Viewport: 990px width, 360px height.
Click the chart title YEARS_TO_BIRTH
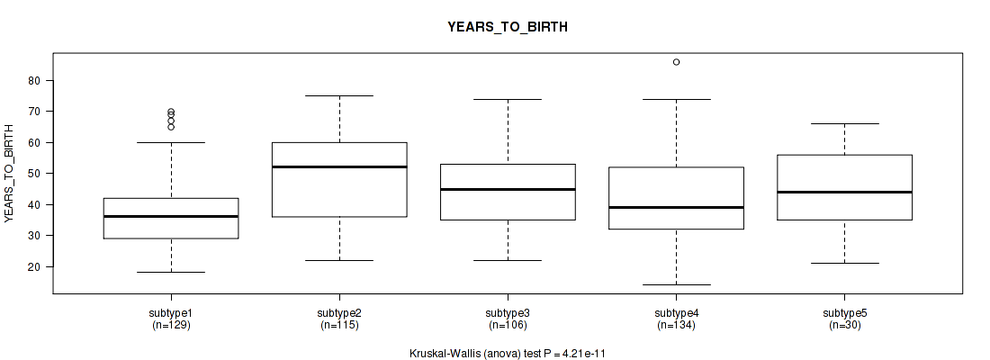[x=508, y=27]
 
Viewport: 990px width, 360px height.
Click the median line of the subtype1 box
[x=171, y=217]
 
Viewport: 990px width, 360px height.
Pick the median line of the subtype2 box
[x=339, y=166]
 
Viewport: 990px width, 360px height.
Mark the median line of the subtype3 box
[x=508, y=189]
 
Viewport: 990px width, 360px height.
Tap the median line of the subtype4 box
[x=676, y=207]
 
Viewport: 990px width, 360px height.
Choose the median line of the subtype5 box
[x=844, y=192]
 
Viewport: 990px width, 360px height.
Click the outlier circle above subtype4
[x=676, y=62]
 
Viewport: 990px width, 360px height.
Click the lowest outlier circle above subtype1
[x=171, y=127]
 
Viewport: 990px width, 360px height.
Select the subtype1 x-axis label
[x=171, y=313]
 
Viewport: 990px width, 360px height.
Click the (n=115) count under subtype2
[x=339, y=325]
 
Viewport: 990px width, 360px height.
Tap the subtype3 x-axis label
[x=508, y=313]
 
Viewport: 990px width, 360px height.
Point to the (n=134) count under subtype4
[x=676, y=325]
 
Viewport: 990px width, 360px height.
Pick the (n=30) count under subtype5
[x=844, y=325]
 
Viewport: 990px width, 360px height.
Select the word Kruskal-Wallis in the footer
[x=443, y=354]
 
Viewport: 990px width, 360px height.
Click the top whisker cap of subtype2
[x=339, y=95]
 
